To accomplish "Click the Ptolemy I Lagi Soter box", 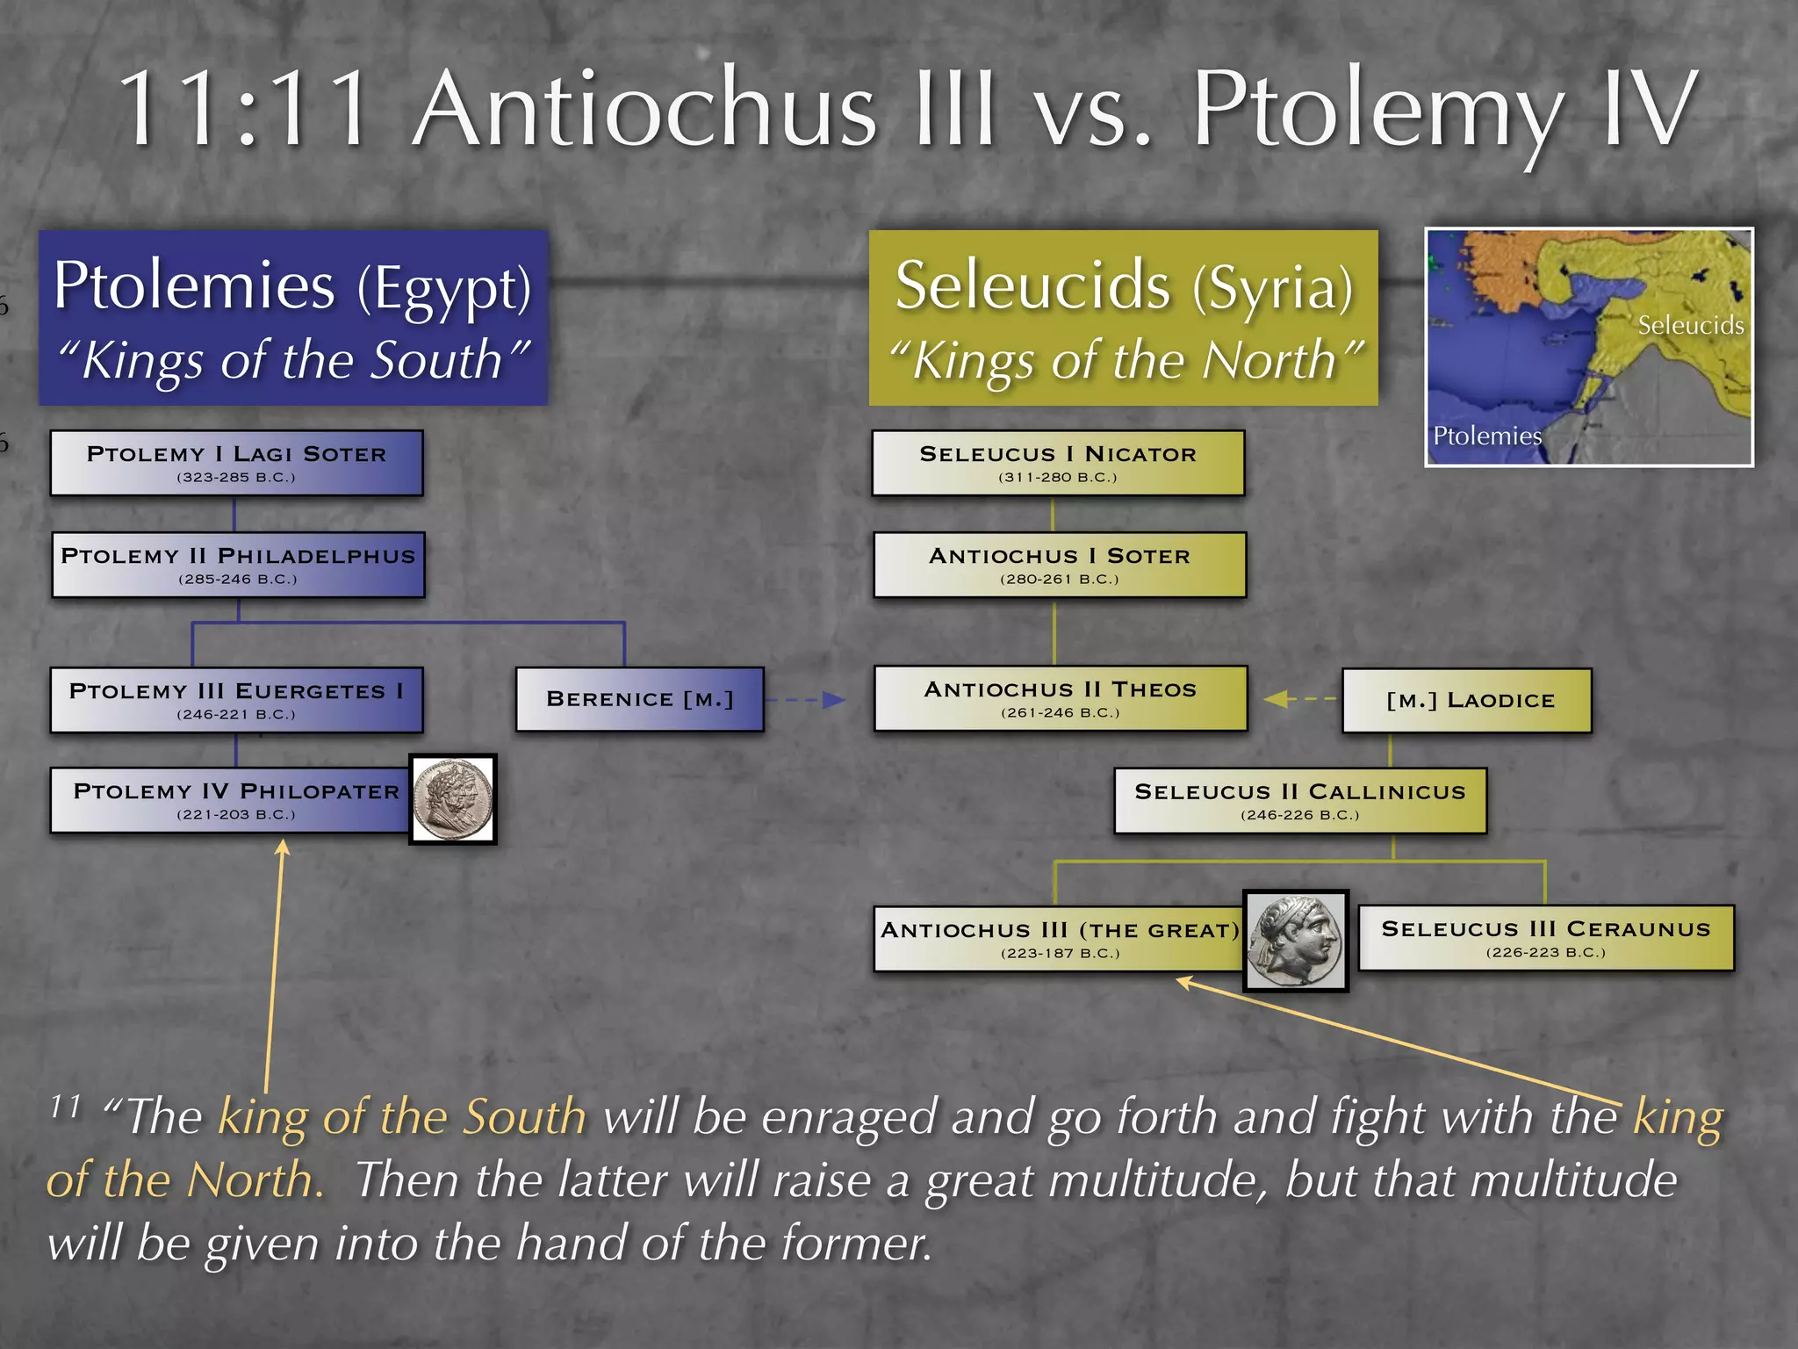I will coord(236,463).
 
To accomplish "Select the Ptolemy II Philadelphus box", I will coord(238,565).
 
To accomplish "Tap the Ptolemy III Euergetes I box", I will coord(236,700).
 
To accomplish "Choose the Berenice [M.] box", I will coord(639,699).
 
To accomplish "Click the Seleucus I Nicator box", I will coord(1058,463).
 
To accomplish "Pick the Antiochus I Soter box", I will coord(1060,565).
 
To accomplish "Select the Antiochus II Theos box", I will coord(1060,698).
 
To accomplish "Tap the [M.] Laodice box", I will coord(1466,700).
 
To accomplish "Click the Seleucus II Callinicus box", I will coord(1299,800).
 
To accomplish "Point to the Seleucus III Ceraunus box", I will coord(1545,938).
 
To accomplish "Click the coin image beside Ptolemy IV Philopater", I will coord(453,799).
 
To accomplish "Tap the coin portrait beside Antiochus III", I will coord(1296,941).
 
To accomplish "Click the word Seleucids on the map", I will coord(1690,326).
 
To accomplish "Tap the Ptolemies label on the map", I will coord(1486,436).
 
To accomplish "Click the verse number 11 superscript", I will coord(66,1106).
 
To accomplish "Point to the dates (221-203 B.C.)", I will coord(236,815).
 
